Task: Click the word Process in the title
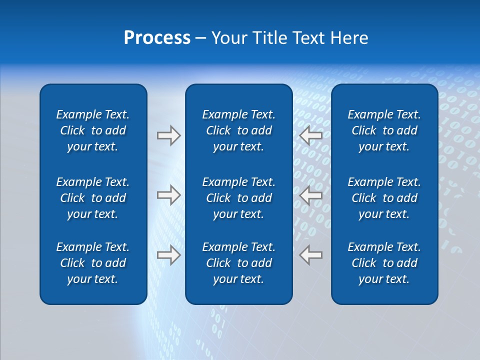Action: click(x=157, y=38)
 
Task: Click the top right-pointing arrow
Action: click(x=168, y=135)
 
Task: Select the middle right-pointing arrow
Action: click(x=168, y=195)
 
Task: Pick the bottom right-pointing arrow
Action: click(x=168, y=255)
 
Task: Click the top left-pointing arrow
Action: click(x=310, y=135)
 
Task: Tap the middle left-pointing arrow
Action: click(x=310, y=195)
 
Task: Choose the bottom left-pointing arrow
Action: click(x=310, y=255)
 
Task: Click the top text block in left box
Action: click(x=93, y=130)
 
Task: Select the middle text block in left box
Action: click(x=93, y=198)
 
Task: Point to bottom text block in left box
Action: click(x=93, y=263)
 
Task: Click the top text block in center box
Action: click(x=238, y=130)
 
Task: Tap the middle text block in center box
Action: click(x=238, y=198)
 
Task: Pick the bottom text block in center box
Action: click(x=238, y=263)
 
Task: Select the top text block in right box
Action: click(x=384, y=130)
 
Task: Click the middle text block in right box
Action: click(x=384, y=198)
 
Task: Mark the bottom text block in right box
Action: click(x=384, y=263)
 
